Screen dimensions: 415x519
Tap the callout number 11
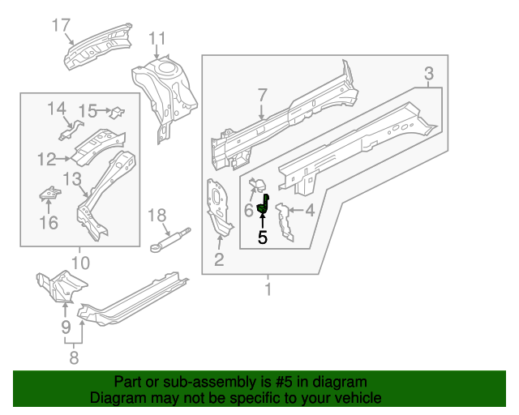point(157,37)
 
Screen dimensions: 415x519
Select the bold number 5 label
point(262,237)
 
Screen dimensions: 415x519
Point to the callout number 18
point(157,215)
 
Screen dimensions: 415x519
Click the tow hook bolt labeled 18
point(170,237)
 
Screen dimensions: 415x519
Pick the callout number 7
point(262,96)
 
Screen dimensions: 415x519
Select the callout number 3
point(430,75)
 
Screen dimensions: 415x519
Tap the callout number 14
point(56,109)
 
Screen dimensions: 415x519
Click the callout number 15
point(88,110)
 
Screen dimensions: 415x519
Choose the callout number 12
point(47,159)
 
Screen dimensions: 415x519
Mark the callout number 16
point(49,221)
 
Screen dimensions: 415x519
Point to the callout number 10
point(79,262)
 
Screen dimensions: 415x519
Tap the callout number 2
point(219,259)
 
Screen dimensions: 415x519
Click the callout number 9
point(66,327)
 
